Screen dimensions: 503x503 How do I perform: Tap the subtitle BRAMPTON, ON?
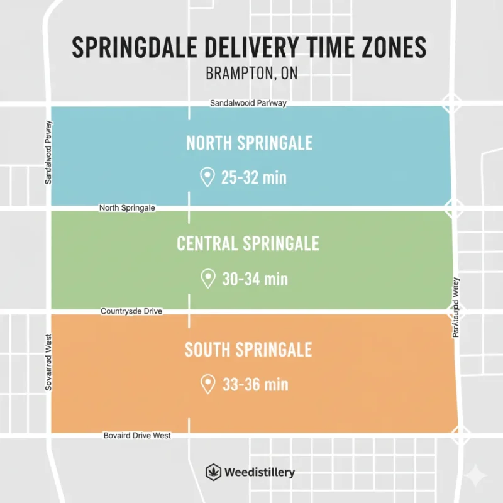click(251, 73)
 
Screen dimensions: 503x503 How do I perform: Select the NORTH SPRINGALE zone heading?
click(250, 143)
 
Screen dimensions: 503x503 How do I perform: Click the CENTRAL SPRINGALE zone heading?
click(248, 243)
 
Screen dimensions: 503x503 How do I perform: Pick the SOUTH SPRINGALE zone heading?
click(248, 349)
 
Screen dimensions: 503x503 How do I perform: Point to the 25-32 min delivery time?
click(254, 178)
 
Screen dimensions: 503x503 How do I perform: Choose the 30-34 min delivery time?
click(255, 279)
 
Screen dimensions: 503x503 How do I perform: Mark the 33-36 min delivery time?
click(255, 384)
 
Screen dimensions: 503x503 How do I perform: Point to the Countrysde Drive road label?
click(132, 311)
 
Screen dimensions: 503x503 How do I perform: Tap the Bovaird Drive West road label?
click(136, 435)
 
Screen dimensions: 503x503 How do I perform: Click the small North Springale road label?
click(127, 207)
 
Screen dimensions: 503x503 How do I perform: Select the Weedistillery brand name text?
click(258, 472)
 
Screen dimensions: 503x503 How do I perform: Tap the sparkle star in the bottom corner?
click(480, 473)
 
